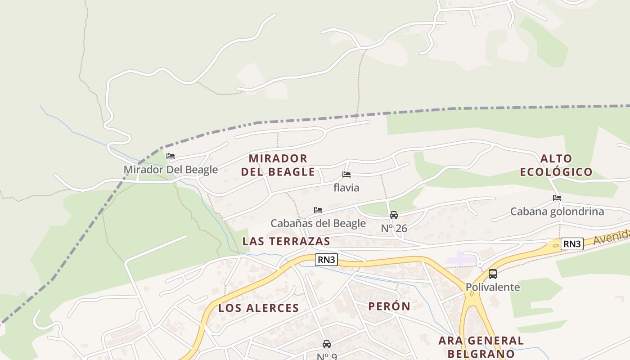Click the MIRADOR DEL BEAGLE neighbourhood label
tap(278, 165)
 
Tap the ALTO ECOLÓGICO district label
tap(556, 165)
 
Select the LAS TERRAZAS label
tap(286, 241)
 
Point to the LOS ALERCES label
tap(259, 308)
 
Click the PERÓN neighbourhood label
tap(389, 306)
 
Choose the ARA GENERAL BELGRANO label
tap(481, 346)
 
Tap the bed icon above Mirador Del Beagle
tap(171, 157)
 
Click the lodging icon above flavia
tap(346, 175)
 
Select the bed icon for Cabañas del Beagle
tap(318, 210)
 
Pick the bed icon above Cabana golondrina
tap(557, 198)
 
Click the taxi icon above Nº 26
tap(394, 215)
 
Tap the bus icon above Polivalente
tap(493, 274)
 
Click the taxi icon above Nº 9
tap(327, 344)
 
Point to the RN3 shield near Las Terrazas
tap(326, 260)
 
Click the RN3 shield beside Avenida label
tap(572, 244)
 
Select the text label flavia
tap(346, 187)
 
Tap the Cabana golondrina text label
tap(557, 211)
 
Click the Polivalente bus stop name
tap(493, 287)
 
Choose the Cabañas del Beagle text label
tap(318, 223)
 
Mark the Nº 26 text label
tap(394, 229)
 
